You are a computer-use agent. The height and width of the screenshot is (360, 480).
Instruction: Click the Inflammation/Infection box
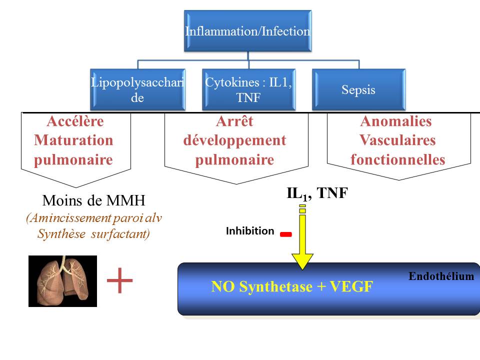(x=248, y=31)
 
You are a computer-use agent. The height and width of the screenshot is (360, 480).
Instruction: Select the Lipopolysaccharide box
(x=137, y=89)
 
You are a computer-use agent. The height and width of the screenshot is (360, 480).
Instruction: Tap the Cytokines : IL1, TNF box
(x=248, y=89)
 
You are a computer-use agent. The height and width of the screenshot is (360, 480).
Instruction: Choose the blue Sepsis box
(x=358, y=90)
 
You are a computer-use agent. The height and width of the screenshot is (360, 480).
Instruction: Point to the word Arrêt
(x=234, y=121)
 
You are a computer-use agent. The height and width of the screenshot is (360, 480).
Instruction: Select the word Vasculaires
(x=398, y=140)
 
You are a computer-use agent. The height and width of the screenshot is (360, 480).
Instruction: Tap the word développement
(x=234, y=140)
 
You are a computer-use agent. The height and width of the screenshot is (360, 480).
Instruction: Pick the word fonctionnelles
(x=398, y=159)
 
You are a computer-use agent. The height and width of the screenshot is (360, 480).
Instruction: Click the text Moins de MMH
(x=93, y=201)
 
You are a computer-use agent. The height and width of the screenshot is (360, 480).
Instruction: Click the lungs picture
(x=62, y=280)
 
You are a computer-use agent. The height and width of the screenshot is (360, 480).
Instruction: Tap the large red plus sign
(x=120, y=281)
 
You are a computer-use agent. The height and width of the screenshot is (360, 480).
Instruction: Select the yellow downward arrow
(x=302, y=240)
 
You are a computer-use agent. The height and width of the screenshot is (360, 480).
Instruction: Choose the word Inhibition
(x=250, y=231)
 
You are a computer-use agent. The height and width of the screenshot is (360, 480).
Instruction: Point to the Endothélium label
(x=441, y=275)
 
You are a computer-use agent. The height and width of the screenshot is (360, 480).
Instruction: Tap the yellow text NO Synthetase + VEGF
(x=292, y=287)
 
